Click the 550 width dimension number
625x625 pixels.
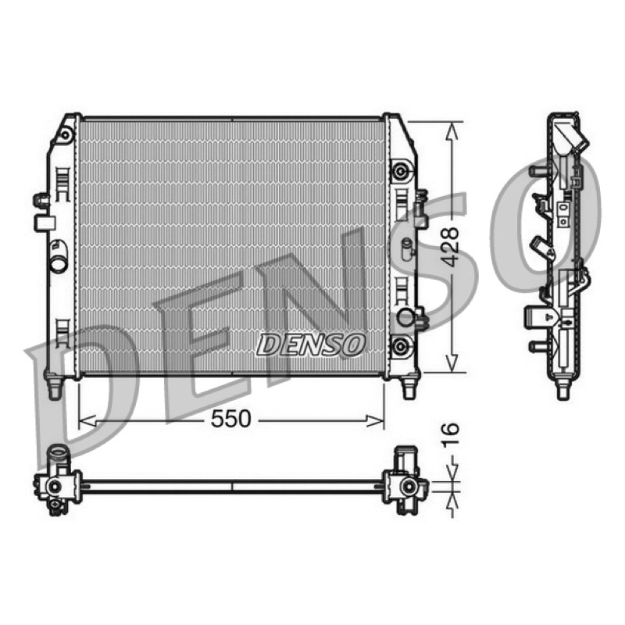[x=230, y=419]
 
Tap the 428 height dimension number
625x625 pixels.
[x=452, y=247]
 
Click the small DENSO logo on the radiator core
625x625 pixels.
[x=310, y=345]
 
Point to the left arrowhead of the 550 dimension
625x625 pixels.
[x=87, y=420]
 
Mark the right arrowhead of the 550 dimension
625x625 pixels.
[x=376, y=420]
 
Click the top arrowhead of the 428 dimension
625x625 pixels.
[x=452, y=130]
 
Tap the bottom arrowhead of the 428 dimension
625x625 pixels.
[x=452, y=363]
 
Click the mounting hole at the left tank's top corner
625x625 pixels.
[x=65, y=135]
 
